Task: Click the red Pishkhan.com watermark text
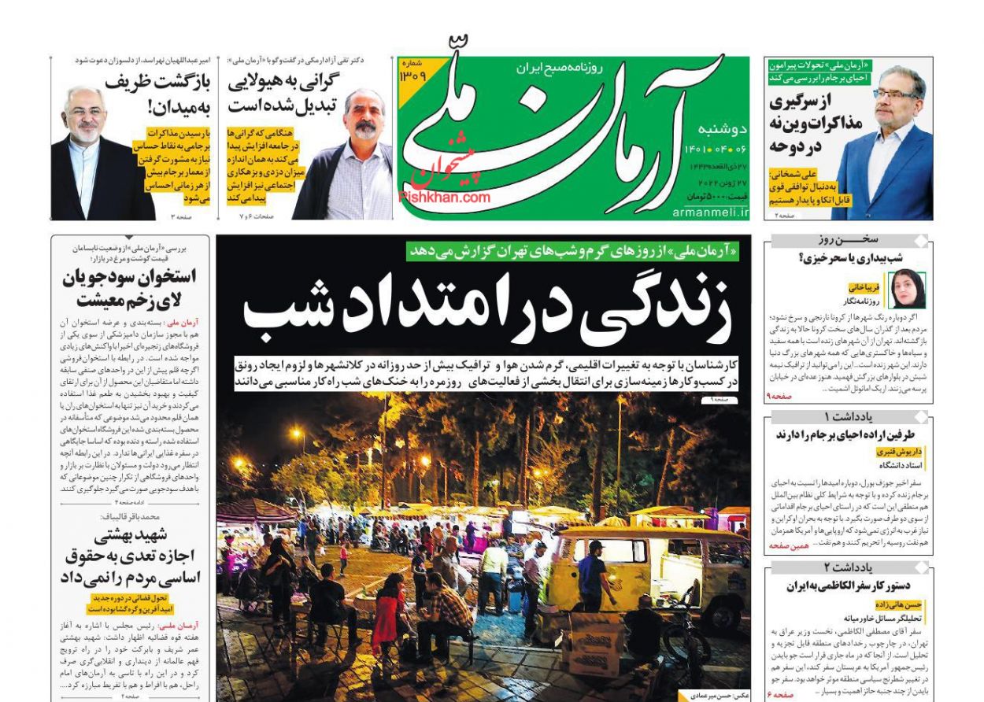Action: (x=444, y=198)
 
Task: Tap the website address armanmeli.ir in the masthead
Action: (x=711, y=212)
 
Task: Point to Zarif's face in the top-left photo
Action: (x=87, y=114)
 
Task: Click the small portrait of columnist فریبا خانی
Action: (x=908, y=288)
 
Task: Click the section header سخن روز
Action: (x=847, y=239)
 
